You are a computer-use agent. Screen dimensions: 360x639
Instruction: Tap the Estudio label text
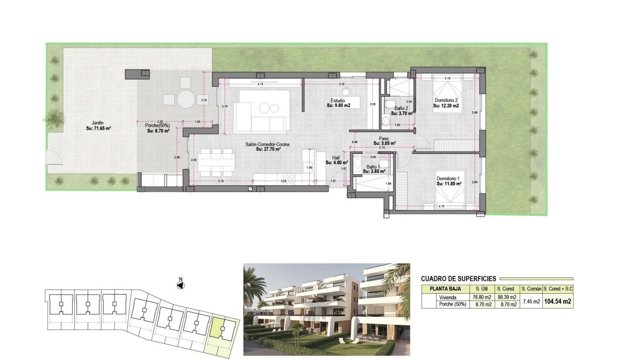click(338, 101)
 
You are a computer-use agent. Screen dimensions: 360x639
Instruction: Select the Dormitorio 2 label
click(446, 101)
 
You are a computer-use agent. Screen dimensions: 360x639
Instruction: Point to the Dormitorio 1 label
click(449, 179)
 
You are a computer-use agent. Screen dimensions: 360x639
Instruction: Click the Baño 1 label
click(373, 167)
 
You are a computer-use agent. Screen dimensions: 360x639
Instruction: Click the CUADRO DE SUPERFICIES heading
click(458, 279)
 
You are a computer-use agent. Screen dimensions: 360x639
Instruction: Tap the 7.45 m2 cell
click(531, 301)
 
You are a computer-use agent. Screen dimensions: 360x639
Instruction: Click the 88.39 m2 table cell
click(507, 298)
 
